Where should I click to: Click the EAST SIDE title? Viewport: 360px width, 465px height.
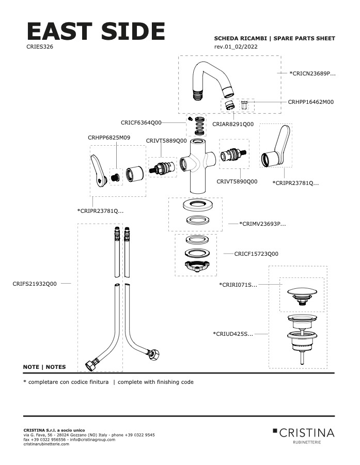(96, 32)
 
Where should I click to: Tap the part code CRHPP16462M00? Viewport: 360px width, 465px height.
(310, 102)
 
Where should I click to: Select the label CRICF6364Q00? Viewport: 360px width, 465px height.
(141, 123)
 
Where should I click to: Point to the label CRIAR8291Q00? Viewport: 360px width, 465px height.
(233, 125)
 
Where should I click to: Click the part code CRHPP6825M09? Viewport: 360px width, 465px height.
(108, 138)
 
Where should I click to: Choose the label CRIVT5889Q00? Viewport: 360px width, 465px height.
(166, 141)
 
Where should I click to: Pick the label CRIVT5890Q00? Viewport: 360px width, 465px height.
(237, 181)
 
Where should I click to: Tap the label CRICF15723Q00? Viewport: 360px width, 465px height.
(256, 254)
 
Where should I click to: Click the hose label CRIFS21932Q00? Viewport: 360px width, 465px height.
(35, 284)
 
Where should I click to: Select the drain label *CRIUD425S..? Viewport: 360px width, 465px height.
(233, 334)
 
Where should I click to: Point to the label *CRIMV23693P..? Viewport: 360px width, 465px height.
(262, 224)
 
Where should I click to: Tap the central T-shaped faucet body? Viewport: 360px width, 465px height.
(198, 164)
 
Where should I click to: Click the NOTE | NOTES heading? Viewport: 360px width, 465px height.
(44, 367)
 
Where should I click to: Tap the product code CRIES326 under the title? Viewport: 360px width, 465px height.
(40, 47)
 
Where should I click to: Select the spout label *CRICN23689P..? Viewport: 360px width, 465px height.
(312, 74)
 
